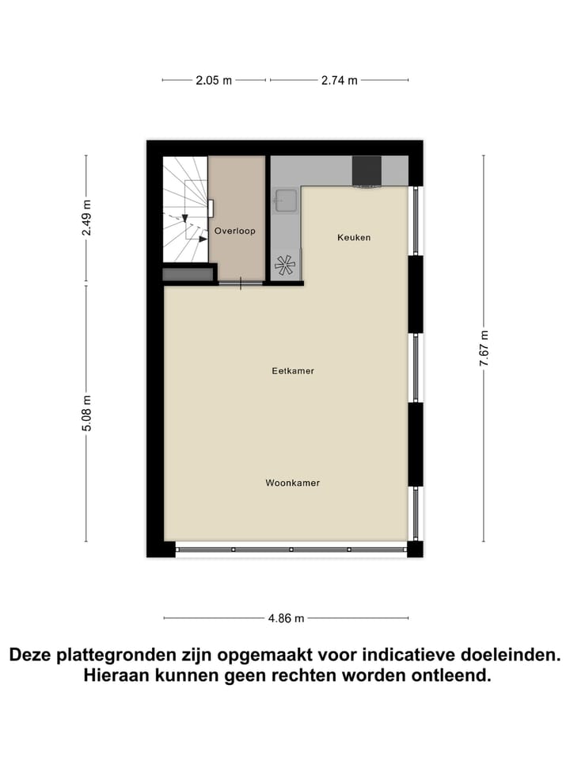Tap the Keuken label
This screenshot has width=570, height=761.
coord(354,237)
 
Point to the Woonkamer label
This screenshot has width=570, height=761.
coord(293,482)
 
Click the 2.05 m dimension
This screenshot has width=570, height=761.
coord(214,80)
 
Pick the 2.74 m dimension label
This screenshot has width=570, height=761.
coord(339,80)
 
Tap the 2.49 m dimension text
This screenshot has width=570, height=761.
coord(86,218)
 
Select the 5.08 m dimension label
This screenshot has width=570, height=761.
coord(86,413)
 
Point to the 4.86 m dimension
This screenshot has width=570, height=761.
coord(287,618)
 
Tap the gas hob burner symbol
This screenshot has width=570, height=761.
coord(284,266)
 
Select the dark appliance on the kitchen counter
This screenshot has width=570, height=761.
coord(367,170)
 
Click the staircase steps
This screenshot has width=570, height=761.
coord(184,210)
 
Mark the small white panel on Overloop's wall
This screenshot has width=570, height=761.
coord(212,208)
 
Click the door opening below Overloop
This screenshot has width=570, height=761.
coord(241,282)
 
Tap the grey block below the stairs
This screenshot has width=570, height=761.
coord(188,273)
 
